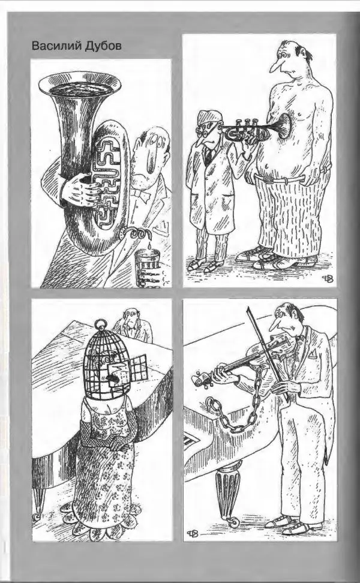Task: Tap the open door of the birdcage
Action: point(136,366)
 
